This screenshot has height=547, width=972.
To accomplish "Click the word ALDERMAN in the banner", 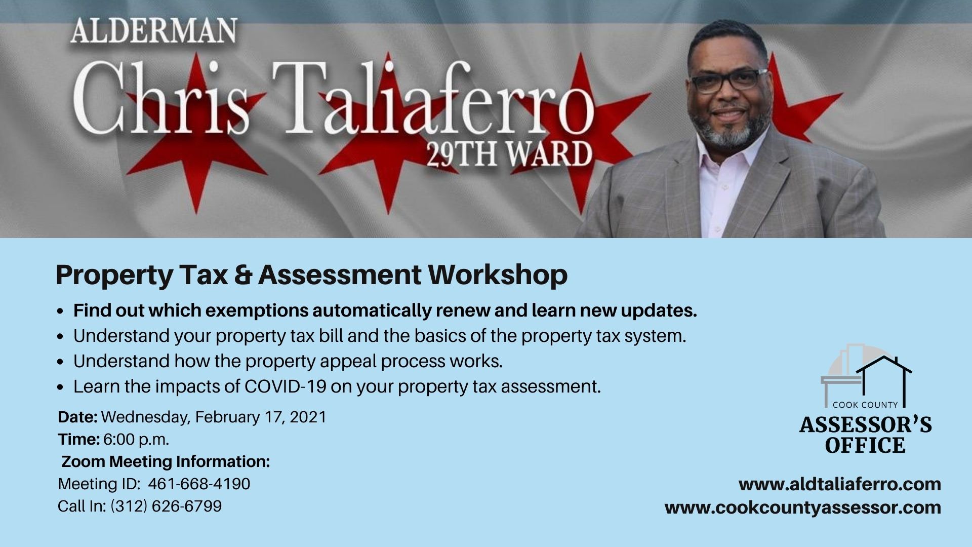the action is [153, 31].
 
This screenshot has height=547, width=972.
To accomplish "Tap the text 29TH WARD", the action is [508, 153].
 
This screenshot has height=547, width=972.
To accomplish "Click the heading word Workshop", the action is [498, 275].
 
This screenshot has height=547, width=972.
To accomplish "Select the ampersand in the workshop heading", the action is [243, 275].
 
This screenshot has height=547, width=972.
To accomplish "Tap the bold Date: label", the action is [77, 417].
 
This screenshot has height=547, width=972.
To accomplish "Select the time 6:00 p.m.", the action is [136, 440].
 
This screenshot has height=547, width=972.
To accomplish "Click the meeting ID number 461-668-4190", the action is [199, 484].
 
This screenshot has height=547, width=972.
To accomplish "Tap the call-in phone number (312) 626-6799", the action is [166, 506].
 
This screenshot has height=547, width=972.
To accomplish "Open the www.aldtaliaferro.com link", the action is [840, 484].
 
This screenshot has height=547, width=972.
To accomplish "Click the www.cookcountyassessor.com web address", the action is [803, 507].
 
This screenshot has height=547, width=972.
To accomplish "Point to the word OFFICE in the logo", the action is [865, 446].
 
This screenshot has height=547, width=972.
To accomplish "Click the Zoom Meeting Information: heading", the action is [166, 462].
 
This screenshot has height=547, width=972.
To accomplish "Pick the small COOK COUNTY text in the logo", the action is [865, 405].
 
